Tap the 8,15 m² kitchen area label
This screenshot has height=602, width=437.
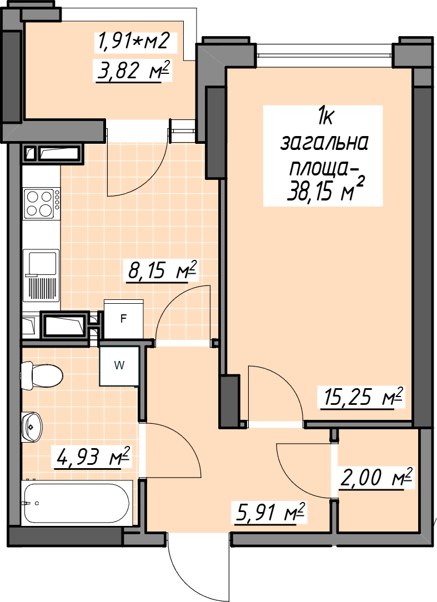pyautogui.click(x=162, y=270)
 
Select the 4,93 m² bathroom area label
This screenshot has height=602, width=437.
pyautogui.click(x=93, y=456)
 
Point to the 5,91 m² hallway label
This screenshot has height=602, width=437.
pyautogui.click(x=269, y=513)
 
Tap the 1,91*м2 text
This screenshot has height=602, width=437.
pyautogui.click(x=134, y=41)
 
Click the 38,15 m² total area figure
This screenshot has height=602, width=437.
pyautogui.click(x=325, y=189)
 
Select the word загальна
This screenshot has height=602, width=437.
pyautogui.click(x=324, y=143)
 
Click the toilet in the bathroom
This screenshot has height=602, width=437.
pyautogui.click(x=42, y=375)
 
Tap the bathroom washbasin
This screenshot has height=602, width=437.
pyautogui.click(x=32, y=426)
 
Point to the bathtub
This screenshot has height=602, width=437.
pyautogui.click(x=77, y=502)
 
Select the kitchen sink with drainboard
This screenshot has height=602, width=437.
pyautogui.click(x=41, y=275)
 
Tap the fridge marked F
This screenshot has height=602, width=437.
pyautogui.click(x=124, y=319)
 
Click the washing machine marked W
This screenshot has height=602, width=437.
pyautogui.click(x=119, y=366)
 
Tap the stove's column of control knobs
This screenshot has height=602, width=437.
pyautogui.click(x=57, y=200)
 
